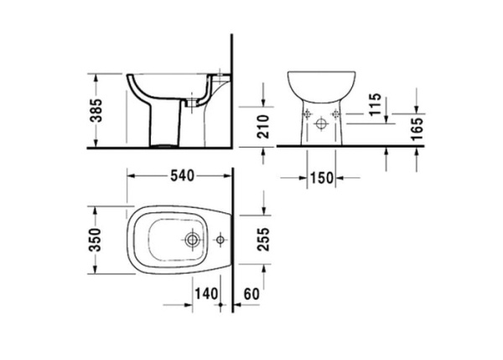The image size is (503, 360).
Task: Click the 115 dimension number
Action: click(x=376, y=105)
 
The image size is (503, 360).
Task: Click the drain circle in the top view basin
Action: click(x=193, y=241)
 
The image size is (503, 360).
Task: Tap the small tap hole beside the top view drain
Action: click(x=220, y=241)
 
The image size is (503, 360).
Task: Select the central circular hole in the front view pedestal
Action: click(x=321, y=124)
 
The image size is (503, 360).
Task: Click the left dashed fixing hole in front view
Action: click(x=306, y=112)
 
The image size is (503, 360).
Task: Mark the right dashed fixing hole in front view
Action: click(x=336, y=112)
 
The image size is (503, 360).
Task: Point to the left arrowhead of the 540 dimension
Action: click(x=129, y=175)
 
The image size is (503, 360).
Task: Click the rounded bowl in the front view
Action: click(x=321, y=86)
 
